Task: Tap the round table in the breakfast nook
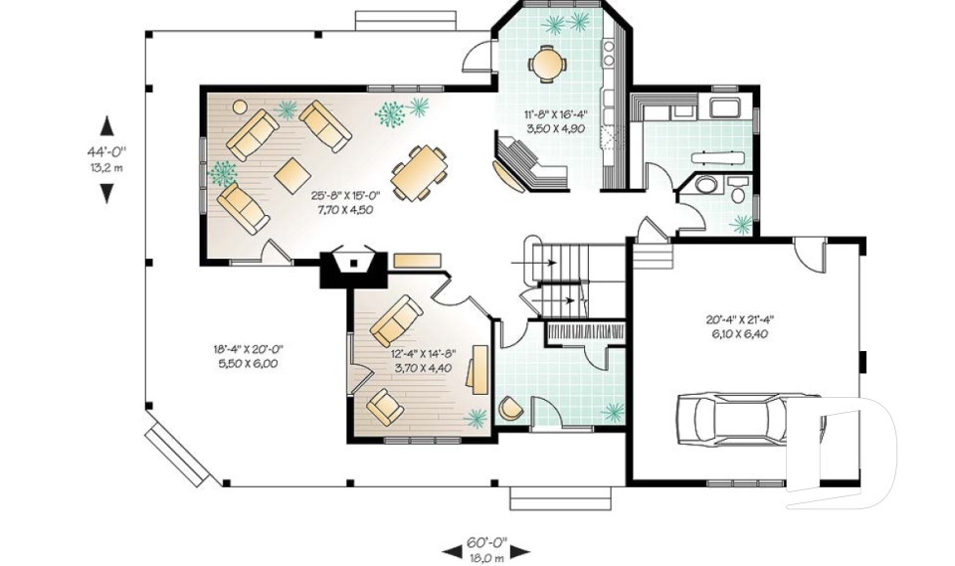547,62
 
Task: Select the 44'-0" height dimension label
106,151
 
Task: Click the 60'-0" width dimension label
486,542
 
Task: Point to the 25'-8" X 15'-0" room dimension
345,196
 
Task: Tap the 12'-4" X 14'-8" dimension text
424,354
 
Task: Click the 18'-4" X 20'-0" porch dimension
248,349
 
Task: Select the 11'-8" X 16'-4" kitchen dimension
555,114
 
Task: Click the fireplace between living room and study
353,267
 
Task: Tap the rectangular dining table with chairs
419,173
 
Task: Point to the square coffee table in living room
292,175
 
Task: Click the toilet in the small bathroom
738,189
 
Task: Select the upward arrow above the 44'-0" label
107,125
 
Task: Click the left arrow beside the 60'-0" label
452,552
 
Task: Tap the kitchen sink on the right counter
608,54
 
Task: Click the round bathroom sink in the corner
706,185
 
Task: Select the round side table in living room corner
240,107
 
